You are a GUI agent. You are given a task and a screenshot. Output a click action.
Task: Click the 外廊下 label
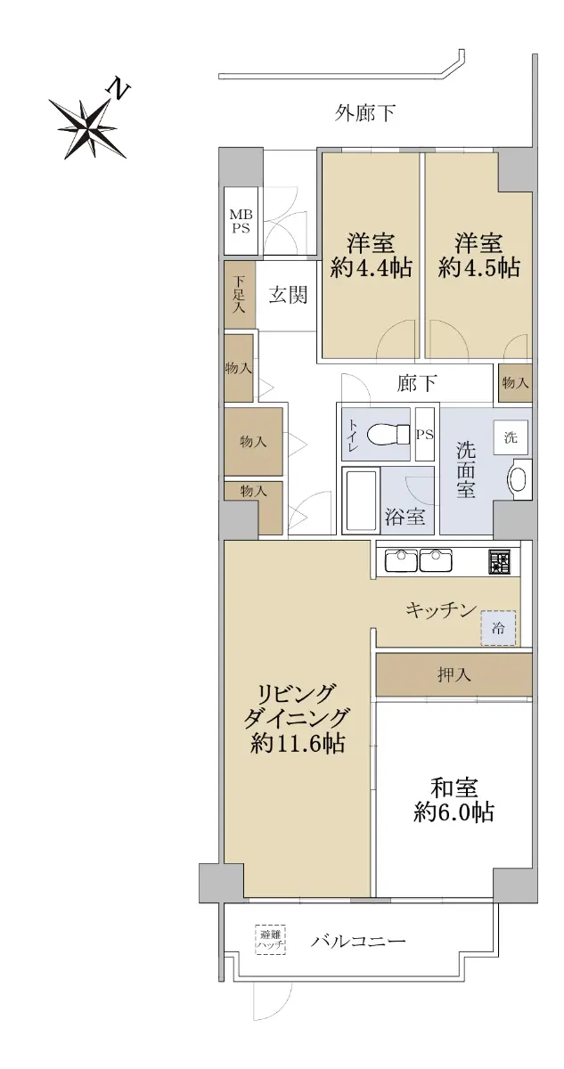(364, 114)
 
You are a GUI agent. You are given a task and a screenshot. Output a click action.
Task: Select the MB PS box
(241, 221)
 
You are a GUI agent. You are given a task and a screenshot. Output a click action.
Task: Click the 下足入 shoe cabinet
(240, 295)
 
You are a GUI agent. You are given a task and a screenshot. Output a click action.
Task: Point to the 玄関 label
(287, 295)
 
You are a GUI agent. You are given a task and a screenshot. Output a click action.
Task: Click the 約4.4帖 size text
(371, 268)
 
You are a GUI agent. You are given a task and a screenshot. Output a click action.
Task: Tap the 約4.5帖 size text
(478, 268)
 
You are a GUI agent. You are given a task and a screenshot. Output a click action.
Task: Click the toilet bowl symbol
(388, 435)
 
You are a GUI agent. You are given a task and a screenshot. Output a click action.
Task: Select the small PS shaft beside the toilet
(424, 435)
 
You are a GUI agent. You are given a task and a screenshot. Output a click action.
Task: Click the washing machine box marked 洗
(511, 437)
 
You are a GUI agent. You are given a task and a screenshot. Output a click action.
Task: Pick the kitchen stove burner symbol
(499, 562)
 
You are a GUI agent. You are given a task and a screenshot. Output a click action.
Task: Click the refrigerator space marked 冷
(498, 628)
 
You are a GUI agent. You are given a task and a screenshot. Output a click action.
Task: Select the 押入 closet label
(454, 674)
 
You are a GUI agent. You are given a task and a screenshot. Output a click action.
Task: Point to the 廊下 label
(417, 383)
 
